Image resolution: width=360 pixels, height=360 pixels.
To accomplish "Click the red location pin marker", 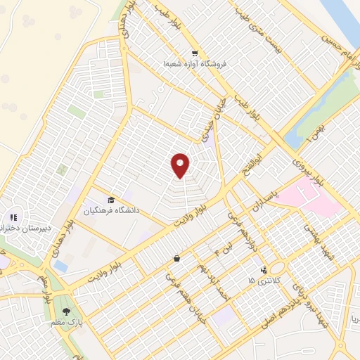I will point(181,165).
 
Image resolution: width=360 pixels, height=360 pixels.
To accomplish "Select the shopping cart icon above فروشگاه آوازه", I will point(195,53).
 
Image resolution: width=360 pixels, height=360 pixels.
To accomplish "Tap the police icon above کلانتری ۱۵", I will point(264,270).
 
